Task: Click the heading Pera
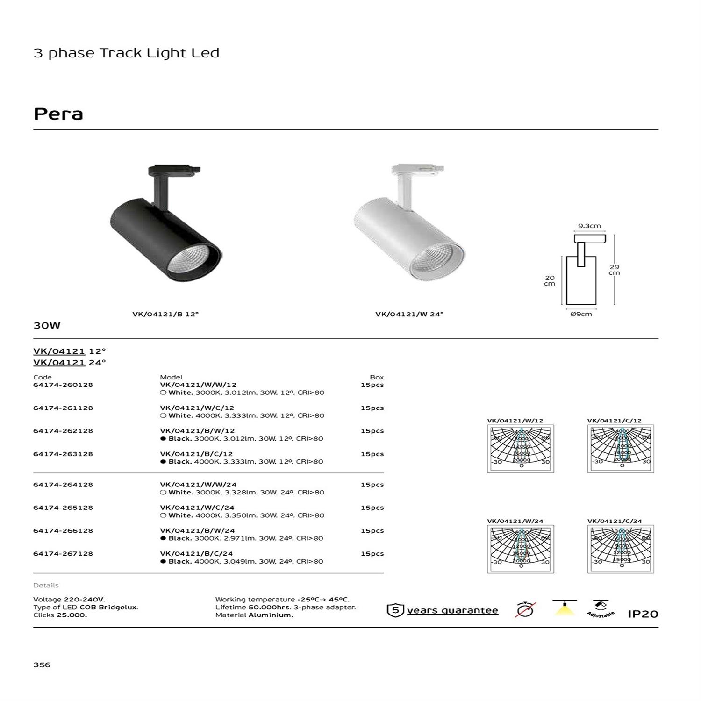[x=58, y=114]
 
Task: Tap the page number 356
[x=42, y=665]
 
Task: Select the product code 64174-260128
[x=63, y=385]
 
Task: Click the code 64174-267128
[x=63, y=554]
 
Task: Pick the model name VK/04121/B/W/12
[x=197, y=431]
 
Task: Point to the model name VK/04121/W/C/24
[x=197, y=508]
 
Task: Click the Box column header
[x=377, y=377]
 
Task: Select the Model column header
[x=171, y=377]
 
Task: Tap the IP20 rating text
[x=643, y=614]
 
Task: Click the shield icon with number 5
[x=395, y=610]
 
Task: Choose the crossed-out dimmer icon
[x=525, y=609]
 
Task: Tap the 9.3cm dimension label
[x=589, y=226]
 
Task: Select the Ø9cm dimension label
[x=581, y=314]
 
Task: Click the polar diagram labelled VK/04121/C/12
[x=621, y=449]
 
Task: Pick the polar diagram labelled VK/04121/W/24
[x=520, y=549]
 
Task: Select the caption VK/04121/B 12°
[x=165, y=315]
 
